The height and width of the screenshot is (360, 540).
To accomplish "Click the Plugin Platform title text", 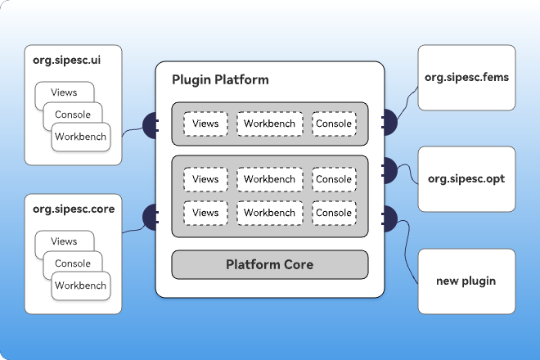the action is coord(220,80).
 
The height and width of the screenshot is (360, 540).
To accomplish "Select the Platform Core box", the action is coord(270,264).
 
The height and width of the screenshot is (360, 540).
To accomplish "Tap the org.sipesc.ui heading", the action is coord(67,61).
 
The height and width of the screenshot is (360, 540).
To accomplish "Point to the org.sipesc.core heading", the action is coord(74,209).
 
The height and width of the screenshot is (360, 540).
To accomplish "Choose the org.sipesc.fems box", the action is coord(466,78).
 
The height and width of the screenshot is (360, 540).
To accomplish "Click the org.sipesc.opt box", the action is coord(466,179).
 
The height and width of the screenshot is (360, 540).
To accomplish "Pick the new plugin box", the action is coord(466,281).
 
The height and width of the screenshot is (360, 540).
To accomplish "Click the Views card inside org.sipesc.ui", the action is coord(64,92).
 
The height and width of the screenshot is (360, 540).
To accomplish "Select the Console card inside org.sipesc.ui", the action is coord(73,115).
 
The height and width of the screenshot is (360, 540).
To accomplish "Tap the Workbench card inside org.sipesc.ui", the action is coord(81,137).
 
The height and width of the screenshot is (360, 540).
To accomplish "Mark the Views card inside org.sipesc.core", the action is coord(64,241).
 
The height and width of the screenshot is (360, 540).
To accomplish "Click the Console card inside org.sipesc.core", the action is coord(73,263).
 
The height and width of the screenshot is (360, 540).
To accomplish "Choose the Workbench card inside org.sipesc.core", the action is coord(81,286).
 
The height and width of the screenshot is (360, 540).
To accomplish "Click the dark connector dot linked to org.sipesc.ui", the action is coord(151,125).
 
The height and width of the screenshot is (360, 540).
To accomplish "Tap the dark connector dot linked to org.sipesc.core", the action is coord(151,218).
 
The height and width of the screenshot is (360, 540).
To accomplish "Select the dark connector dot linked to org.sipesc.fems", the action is coord(389,122).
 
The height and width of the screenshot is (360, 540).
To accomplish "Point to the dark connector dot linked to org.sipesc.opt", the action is coord(389,170).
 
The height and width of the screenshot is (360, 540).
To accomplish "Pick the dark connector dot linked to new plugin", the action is coord(389,218).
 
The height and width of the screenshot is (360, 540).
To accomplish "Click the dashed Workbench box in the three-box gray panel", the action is coord(270,124).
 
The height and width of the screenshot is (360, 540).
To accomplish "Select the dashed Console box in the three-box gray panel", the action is coord(334,124).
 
